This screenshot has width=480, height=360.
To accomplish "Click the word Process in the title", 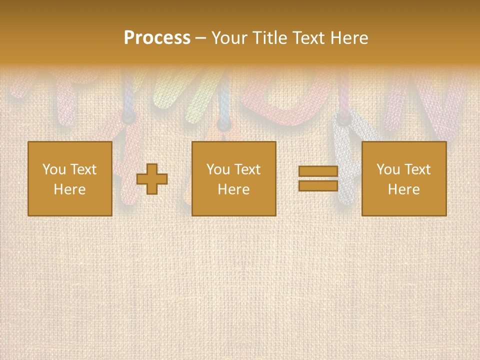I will (157, 38).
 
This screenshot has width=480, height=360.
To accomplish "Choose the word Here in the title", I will (349, 38).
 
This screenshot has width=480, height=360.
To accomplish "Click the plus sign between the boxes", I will (152, 179).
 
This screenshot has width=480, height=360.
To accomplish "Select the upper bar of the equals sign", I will (318, 171).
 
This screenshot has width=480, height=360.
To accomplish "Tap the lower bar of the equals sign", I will (318, 186).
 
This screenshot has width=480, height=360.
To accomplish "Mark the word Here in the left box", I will (69, 189).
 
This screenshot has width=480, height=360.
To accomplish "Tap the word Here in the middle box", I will (233, 189).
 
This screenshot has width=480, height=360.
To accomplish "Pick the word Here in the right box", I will (403, 189).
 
